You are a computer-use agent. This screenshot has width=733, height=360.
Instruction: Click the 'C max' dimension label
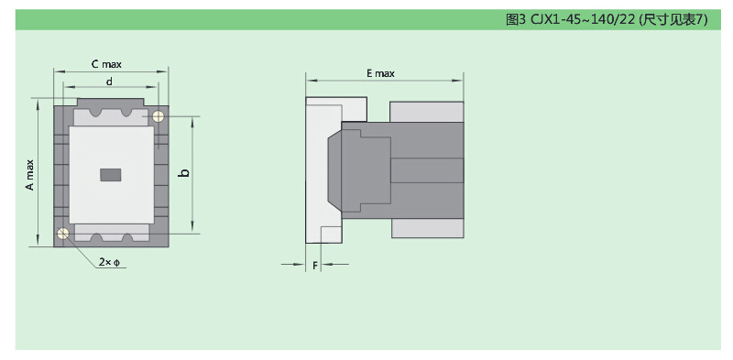point(106,64)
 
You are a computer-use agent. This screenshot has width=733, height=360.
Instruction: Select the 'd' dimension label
point(109,82)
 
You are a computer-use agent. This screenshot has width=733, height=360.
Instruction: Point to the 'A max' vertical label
point(30,175)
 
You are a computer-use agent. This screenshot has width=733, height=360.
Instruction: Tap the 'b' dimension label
point(185,173)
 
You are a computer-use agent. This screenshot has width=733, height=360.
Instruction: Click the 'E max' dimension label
point(380,73)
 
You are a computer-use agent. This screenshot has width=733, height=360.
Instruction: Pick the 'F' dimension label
point(315,266)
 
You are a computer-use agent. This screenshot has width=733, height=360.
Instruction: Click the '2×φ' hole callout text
point(109,262)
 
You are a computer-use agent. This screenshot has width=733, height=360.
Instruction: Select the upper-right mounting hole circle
point(159,116)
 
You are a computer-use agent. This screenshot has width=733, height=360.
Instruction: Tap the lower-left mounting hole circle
point(62,233)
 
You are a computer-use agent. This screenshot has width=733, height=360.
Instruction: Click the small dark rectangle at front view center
point(111,174)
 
